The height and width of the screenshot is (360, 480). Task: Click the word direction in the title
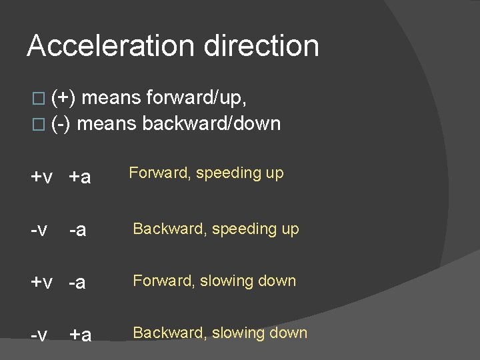pyautogui.click(x=261, y=46)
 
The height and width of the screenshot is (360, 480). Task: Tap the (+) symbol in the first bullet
pyautogui.click(x=63, y=98)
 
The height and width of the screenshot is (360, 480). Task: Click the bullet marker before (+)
pyautogui.click(x=37, y=99)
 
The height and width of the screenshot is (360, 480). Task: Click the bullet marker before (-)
pyautogui.click(x=37, y=124)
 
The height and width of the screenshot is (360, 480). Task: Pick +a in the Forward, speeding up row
pyautogui.click(x=80, y=177)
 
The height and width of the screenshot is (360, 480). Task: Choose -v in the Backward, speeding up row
pyautogui.click(x=39, y=230)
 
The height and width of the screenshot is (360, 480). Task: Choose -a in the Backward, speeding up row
pyautogui.click(x=78, y=230)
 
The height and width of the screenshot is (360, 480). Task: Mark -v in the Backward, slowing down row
pyautogui.click(x=39, y=334)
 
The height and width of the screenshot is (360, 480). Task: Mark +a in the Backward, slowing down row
pyautogui.click(x=80, y=334)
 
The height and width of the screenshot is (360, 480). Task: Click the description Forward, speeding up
pyautogui.click(x=206, y=173)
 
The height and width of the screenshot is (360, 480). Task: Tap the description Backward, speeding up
pyautogui.click(x=216, y=229)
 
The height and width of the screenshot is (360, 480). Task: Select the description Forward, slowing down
pyautogui.click(x=214, y=281)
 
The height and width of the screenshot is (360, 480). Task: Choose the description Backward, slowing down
pyautogui.click(x=220, y=333)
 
